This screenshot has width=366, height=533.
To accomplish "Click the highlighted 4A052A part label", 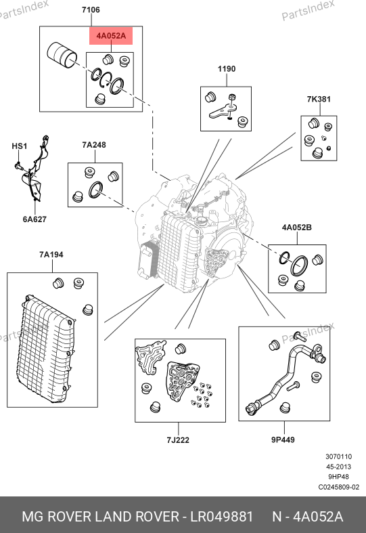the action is click(111, 36).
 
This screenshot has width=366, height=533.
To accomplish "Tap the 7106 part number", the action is click(91, 10).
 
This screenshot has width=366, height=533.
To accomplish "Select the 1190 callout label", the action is click(227, 69).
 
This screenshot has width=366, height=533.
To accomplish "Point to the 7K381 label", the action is click(319, 100).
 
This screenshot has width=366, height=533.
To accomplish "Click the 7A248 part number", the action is click(94, 145).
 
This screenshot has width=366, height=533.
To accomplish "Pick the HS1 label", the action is click(20, 146).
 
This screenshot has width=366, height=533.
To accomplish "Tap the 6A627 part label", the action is click(35, 219).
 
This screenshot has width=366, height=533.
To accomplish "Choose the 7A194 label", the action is click(51, 255).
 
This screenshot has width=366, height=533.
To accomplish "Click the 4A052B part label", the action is click(297, 228).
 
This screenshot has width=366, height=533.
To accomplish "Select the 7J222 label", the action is click(178, 440).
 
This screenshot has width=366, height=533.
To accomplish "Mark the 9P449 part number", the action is click(283, 440).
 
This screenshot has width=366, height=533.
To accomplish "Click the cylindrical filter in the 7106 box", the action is click(62, 55).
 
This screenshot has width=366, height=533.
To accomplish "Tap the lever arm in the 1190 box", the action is click(223, 111).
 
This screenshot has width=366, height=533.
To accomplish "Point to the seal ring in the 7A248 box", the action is click(95, 190).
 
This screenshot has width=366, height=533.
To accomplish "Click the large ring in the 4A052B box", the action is click(299, 266).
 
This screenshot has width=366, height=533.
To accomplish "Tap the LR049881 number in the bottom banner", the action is click(222, 517).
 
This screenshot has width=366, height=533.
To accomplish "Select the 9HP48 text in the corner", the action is click(338, 477).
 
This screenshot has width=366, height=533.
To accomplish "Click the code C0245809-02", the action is click(338, 487).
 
